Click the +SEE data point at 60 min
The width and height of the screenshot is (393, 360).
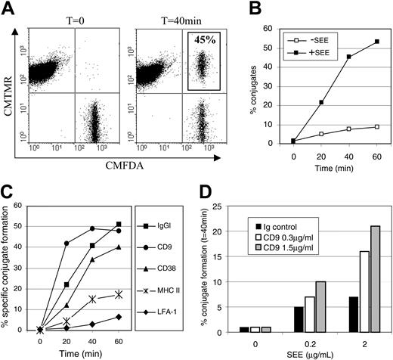(376, 42)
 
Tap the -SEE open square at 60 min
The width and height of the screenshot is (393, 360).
(376, 126)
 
